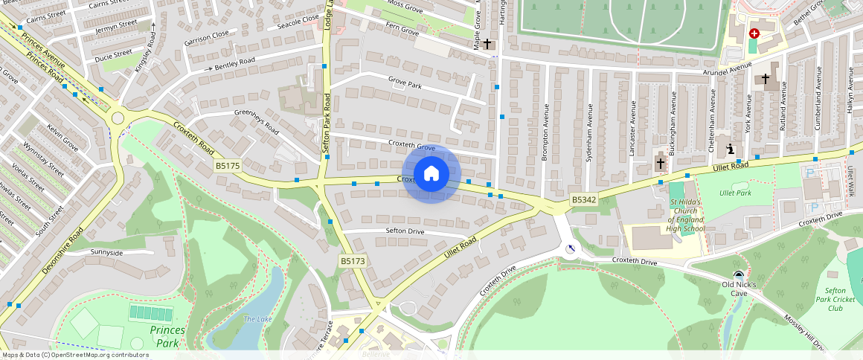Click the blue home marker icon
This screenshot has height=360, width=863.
[x=431, y=174]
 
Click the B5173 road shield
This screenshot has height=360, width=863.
[x=353, y=261]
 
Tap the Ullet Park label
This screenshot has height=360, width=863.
[x=735, y=193]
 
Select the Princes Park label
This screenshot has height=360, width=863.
[x=167, y=336]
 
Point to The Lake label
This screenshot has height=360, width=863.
[x=258, y=319]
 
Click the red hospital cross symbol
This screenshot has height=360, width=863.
[x=754, y=33]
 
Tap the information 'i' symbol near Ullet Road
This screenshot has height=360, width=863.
[x=731, y=149]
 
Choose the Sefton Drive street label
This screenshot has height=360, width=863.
[x=405, y=231]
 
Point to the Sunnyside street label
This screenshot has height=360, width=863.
[x=106, y=253]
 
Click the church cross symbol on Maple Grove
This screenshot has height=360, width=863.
[x=487, y=44]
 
